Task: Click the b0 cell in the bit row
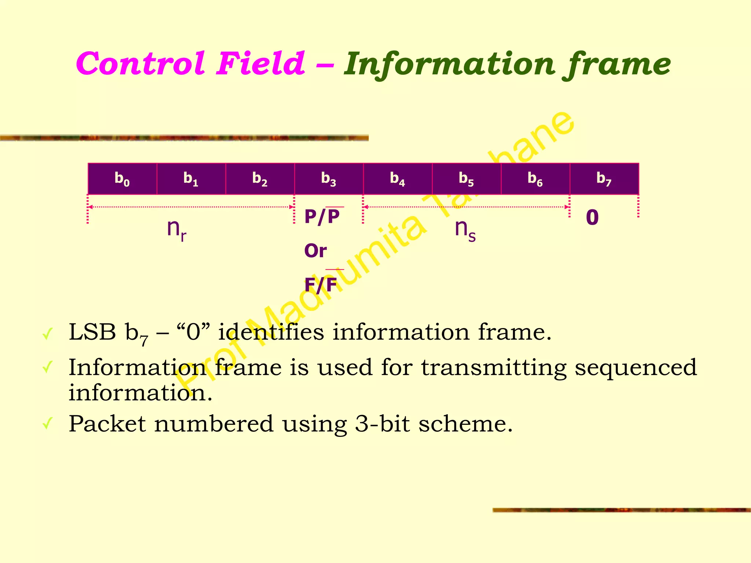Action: coord(122,179)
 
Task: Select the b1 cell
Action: coord(191,179)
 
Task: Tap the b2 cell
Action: coord(260,179)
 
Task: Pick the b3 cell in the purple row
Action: coord(329,179)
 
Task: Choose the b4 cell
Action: coord(398,179)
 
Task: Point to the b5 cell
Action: coord(466,179)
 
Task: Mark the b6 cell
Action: coord(535,179)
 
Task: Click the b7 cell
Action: coord(604,179)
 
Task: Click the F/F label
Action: coord(321,284)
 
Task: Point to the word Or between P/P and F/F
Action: coord(315,251)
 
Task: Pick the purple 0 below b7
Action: coord(592,217)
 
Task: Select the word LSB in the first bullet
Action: coord(92,332)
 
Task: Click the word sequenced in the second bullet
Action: coord(635,367)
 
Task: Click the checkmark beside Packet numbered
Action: coord(48,424)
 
